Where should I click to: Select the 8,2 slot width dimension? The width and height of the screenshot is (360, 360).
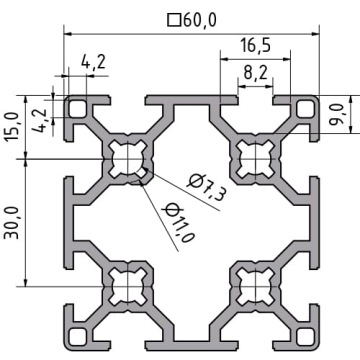point(255,73)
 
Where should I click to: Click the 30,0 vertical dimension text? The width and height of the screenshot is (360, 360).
point(12,222)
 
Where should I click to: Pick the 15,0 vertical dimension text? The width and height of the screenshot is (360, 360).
point(12,127)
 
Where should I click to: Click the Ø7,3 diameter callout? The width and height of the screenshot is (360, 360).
point(207,187)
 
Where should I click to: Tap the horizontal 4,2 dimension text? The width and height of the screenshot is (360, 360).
point(93,62)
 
